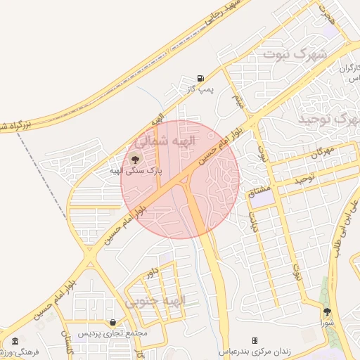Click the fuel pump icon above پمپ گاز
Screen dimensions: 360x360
click(201, 78)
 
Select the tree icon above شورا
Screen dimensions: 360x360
click(327, 311)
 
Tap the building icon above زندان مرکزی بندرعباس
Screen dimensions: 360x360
click(255, 340)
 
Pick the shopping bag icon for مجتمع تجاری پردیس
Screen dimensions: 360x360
click(112, 322)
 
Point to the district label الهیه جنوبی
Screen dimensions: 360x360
click(156, 301)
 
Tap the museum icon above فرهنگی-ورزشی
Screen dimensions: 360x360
click(15, 341)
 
